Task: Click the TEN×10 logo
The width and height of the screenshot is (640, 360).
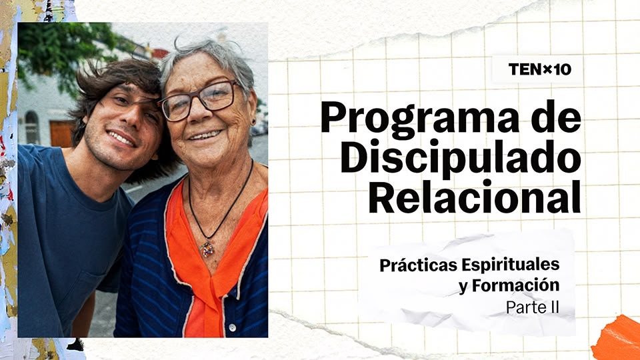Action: [539, 69]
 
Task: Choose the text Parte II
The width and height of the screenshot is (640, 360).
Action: [533, 307]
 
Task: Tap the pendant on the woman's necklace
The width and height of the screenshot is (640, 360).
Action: [207, 249]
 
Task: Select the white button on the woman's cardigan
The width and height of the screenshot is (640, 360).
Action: [232, 327]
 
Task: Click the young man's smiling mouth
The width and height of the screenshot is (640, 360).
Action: [121, 139]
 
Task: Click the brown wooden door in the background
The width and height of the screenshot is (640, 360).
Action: [61, 133]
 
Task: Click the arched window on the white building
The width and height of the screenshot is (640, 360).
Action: [32, 127]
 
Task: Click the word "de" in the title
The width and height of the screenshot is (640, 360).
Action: [556, 118]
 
